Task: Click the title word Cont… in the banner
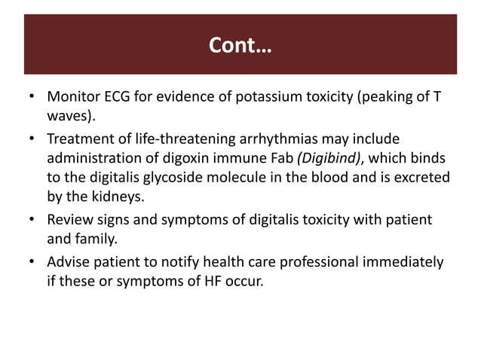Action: coord(240,47)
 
